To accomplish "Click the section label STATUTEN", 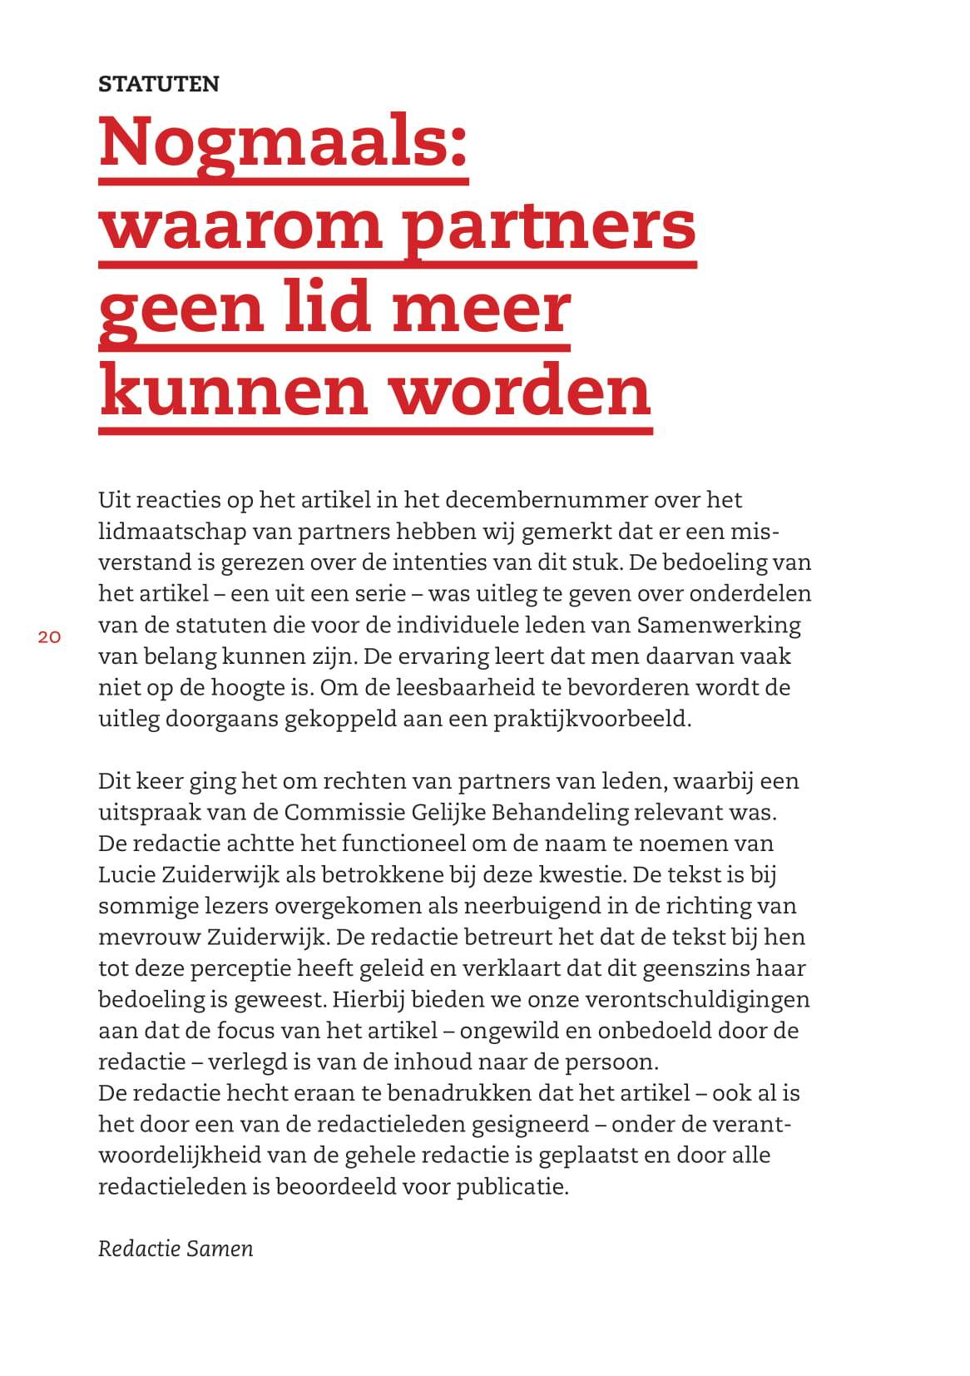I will coord(158,84).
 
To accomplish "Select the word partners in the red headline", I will coord(549,226).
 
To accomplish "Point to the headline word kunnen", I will coord(234,392).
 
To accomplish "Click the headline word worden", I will coord(521,392).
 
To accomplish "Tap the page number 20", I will coord(49,637).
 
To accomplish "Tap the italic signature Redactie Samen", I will coord(176,1250).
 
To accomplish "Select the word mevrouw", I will coord(149,938).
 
